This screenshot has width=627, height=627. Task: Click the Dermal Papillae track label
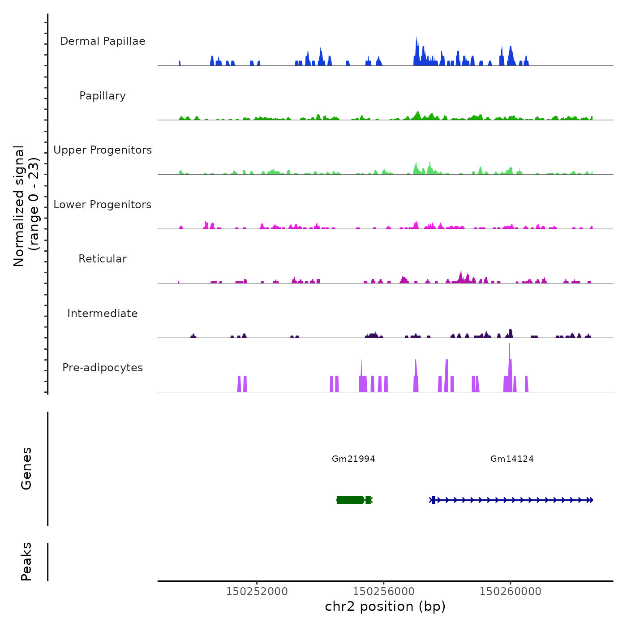pyautogui.click(x=103, y=41)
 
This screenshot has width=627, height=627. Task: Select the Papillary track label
pyautogui.click(x=103, y=96)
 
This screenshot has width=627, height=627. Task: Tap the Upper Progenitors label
pyautogui.click(x=103, y=150)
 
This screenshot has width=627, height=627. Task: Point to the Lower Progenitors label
pyautogui.click(x=103, y=205)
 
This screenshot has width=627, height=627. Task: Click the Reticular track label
pyautogui.click(x=103, y=259)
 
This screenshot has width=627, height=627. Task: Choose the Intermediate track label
pyautogui.click(x=103, y=313)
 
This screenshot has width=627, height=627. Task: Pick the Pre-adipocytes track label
pyautogui.click(x=103, y=368)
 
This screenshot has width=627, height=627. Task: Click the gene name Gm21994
pyautogui.click(x=353, y=459)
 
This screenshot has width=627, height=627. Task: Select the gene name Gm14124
pyautogui.click(x=512, y=459)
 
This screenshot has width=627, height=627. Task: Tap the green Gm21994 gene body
pyautogui.click(x=350, y=500)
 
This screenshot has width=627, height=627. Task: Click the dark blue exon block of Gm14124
pyautogui.click(x=433, y=500)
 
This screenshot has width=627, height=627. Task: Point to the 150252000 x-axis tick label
pyautogui.click(x=257, y=592)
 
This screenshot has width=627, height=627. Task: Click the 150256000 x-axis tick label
pyautogui.click(x=383, y=592)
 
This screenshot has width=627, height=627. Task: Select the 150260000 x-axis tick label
pyautogui.click(x=510, y=592)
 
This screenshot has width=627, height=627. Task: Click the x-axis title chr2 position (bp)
pyautogui.click(x=385, y=606)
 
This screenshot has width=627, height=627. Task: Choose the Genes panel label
pyautogui.click(x=26, y=468)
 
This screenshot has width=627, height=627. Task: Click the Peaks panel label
pyautogui.click(x=26, y=561)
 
